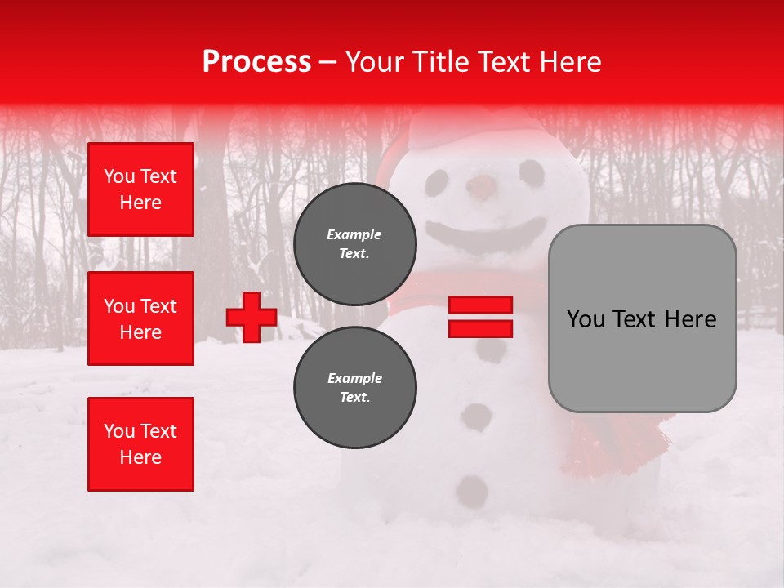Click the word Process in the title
(x=256, y=61)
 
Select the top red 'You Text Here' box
(x=140, y=189)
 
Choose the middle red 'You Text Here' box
(x=140, y=318)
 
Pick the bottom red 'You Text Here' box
(x=140, y=444)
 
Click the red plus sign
(x=252, y=317)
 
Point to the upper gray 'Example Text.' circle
(x=354, y=244)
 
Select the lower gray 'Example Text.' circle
(x=354, y=388)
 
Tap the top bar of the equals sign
(x=480, y=305)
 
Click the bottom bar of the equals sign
(x=480, y=328)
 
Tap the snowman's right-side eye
(x=532, y=171)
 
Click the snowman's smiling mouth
(x=487, y=234)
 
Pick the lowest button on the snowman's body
(x=472, y=491)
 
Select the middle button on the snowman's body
(x=476, y=416)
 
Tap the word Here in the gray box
(x=688, y=318)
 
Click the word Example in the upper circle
(x=354, y=234)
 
